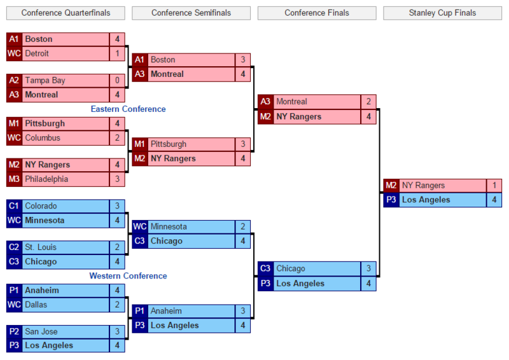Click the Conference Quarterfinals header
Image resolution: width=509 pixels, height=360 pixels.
[x=66, y=13]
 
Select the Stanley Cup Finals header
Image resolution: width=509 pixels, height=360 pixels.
[x=443, y=13]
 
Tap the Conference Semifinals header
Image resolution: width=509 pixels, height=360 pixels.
[x=191, y=13]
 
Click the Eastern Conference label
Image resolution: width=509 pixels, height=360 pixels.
[x=128, y=109]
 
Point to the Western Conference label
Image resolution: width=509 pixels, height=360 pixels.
[x=128, y=276]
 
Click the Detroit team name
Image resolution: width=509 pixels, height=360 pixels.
[x=37, y=53]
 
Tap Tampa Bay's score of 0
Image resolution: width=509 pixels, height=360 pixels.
[x=117, y=81]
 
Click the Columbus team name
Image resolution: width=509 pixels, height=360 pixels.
[x=43, y=138]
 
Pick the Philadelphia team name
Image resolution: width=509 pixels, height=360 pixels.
[x=46, y=179]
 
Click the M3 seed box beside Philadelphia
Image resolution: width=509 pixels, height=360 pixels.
[x=14, y=179]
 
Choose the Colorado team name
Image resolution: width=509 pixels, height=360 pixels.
[x=41, y=206]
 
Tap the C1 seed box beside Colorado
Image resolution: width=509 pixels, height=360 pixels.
[x=14, y=206]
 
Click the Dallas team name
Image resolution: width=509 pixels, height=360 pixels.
[x=36, y=305]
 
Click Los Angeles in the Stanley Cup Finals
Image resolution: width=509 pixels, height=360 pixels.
[x=426, y=200]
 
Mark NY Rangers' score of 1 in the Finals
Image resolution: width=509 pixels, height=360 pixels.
[x=494, y=186]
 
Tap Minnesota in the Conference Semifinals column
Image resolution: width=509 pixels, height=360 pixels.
[x=169, y=226]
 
